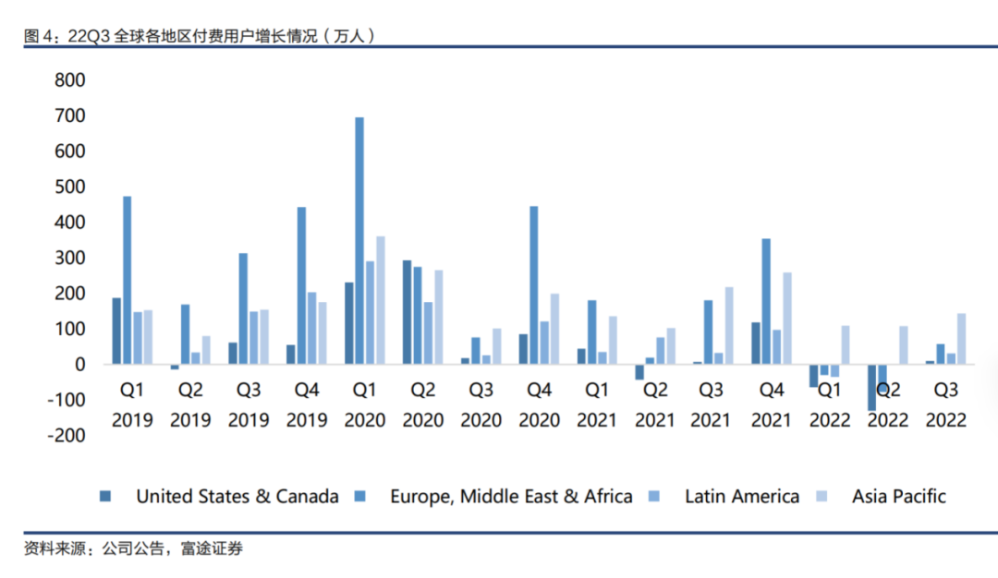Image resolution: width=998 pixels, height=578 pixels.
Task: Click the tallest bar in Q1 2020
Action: click(359, 240)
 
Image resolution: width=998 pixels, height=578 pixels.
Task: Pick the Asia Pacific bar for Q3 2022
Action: click(961, 339)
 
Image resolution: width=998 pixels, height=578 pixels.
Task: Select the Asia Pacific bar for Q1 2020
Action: click(380, 300)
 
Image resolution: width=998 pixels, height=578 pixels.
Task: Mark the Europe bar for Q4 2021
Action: click(766, 301)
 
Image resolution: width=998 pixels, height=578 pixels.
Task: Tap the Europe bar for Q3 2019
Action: click(243, 308)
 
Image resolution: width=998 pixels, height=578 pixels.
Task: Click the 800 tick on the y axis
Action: click(70, 80)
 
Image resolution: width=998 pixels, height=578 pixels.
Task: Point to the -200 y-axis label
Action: click(66, 435)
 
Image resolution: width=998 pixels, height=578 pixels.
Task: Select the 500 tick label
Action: click(70, 187)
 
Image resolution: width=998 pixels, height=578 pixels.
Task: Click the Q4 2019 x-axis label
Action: click(307, 405)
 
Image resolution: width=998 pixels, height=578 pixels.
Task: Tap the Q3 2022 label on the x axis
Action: click(946, 405)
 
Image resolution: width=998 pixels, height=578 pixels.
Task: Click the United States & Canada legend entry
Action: click(237, 497)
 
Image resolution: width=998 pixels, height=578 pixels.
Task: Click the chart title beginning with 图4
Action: click(200, 36)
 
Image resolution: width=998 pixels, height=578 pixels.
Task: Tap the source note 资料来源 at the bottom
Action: click(133, 549)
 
